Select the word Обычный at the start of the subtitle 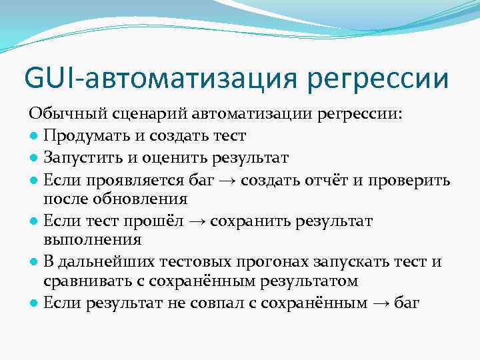(58, 114)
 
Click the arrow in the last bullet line (382, 303)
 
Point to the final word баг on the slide (407, 303)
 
